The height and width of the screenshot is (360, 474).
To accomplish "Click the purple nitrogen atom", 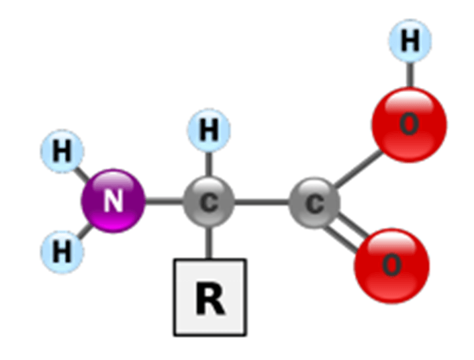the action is (x=113, y=201).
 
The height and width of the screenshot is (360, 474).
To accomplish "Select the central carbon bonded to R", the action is (x=209, y=201).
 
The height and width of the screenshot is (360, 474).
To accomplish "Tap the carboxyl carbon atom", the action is (x=315, y=203).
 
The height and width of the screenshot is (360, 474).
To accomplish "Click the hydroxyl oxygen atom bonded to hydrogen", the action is (x=409, y=125).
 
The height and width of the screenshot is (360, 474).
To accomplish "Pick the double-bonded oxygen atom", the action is (x=392, y=265).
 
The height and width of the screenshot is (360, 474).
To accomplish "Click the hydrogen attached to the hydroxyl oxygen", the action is (x=410, y=40).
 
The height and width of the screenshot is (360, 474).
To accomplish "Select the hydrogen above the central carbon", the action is (x=209, y=130).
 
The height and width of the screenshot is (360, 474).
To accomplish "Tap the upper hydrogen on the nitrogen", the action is (x=62, y=151).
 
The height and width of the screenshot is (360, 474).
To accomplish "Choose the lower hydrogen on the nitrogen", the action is (x=62, y=252).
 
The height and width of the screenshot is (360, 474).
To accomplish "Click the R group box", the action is (x=210, y=297).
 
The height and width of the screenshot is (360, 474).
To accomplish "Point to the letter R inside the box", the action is (x=210, y=298).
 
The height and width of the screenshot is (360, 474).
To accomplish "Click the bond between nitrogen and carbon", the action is (x=164, y=201).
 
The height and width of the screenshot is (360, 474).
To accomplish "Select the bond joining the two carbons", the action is (x=262, y=201).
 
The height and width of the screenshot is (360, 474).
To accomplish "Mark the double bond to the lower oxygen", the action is (x=348, y=232).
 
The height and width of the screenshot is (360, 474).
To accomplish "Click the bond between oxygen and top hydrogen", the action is (x=410, y=75).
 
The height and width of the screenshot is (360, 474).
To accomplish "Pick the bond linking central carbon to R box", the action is (x=209, y=242).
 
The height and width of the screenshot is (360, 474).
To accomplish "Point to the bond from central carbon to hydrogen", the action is (x=209, y=165).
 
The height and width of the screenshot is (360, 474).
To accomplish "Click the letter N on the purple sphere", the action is (x=113, y=201).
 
